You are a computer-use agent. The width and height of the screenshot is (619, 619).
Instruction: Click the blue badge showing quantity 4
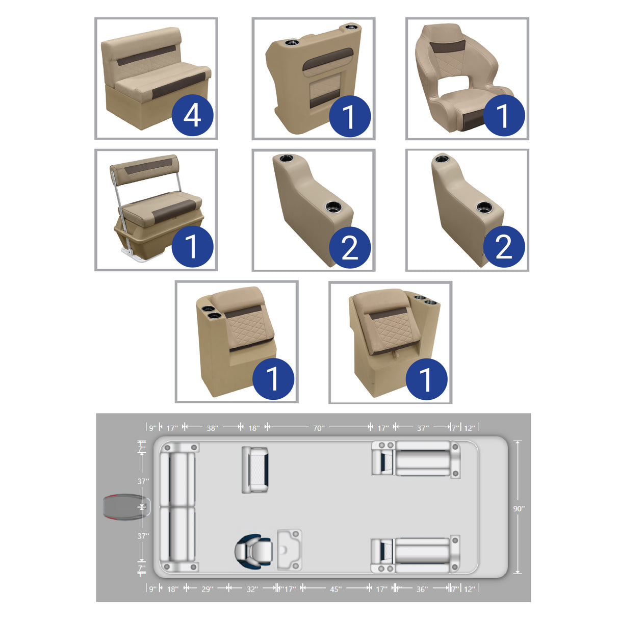(x=192, y=115)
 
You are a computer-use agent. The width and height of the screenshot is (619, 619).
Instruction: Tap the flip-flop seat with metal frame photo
(x=153, y=204)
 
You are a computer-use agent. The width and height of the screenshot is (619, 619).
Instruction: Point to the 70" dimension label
(x=318, y=428)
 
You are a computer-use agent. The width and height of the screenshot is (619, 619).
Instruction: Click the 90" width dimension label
(x=519, y=508)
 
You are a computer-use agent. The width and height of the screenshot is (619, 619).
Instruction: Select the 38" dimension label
(x=212, y=428)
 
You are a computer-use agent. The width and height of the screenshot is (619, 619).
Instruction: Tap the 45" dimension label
(x=335, y=589)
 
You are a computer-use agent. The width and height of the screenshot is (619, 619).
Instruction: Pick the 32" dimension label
(x=252, y=589)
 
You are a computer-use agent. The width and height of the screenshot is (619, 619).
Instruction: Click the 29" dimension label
(x=207, y=589)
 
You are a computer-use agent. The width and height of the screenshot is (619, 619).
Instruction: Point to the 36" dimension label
(x=422, y=589)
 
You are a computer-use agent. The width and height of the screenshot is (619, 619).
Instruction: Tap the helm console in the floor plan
(x=289, y=549)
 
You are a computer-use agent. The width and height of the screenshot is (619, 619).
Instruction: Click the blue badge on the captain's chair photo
(x=503, y=115)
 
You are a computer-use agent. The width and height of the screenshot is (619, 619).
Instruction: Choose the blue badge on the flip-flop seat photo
(x=192, y=247)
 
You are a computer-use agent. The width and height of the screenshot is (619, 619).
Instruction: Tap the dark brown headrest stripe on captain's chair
(x=446, y=47)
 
